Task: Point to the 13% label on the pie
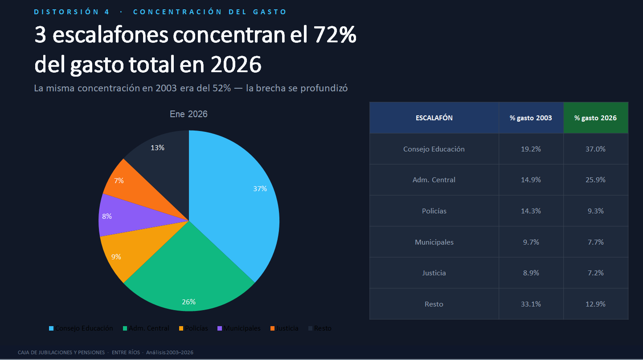click(x=158, y=147)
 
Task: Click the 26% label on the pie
click(x=188, y=302)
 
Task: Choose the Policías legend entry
click(x=193, y=328)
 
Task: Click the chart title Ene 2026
click(x=188, y=114)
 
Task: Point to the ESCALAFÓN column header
click(x=434, y=118)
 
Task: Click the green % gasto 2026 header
click(x=595, y=118)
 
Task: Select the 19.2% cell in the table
click(x=531, y=149)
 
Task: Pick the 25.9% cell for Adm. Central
click(x=595, y=180)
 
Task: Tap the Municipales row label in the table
click(x=434, y=242)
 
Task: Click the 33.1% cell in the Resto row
click(x=531, y=304)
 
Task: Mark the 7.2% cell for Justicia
click(x=595, y=273)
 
